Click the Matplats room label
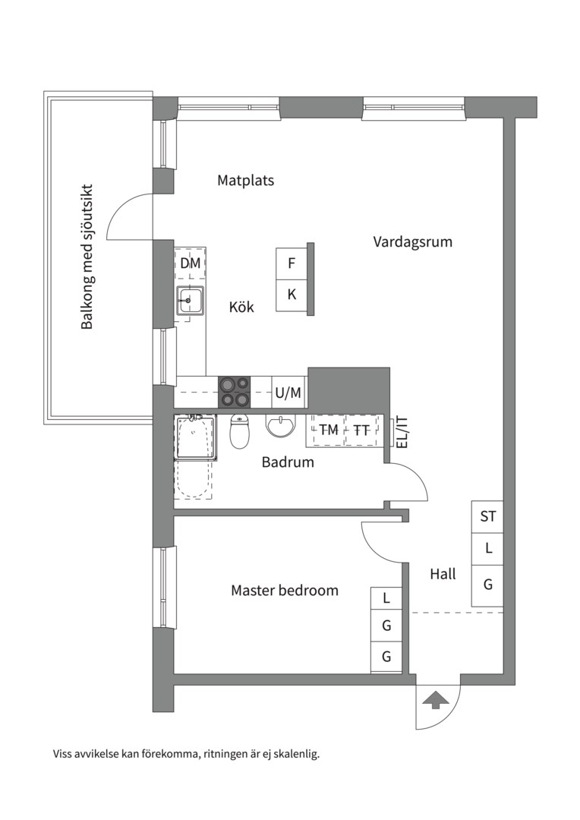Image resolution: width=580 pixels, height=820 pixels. pyautogui.click(x=245, y=181)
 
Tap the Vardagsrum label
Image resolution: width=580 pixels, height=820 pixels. pyautogui.click(x=413, y=242)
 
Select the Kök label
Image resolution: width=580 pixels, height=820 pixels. pyautogui.click(x=241, y=307)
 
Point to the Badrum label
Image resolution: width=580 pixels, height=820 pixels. pyautogui.click(x=288, y=462)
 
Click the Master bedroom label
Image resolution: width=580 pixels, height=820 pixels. pyautogui.click(x=285, y=591)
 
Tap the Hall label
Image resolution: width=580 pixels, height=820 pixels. pyautogui.click(x=443, y=574)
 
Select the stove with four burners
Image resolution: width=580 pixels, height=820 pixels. pyautogui.click(x=235, y=393)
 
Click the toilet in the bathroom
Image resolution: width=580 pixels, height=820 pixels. pyautogui.click(x=240, y=431)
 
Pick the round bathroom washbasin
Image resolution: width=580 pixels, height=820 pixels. pyautogui.click(x=281, y=426)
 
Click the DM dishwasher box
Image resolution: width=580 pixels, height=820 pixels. pyautogui.click(x=190, y=263)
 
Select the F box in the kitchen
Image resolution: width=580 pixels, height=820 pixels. pyautogui.click(x=292, y=263)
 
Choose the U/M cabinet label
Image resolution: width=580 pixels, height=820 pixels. pyautogui.click(x=288, y=393)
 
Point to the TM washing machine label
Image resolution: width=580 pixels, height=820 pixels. pyautogui.click(x=329, y=430)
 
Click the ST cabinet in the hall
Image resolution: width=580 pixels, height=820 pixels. pyautogui.click(x=487, y=517)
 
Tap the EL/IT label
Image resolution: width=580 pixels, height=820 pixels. pyautogui.click(x=402, y=431)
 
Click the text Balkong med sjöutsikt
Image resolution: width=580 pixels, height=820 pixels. pyautogui.click(x=87, y=257)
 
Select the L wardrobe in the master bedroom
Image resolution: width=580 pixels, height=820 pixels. pyautogui.click(x=386, y=598)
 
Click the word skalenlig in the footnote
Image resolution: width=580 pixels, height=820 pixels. pyautogui.click(x=298, y=755)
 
